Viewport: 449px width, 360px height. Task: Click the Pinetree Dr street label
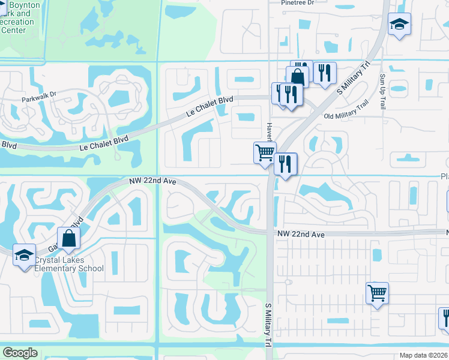pyautogui.click(x=297, y=3)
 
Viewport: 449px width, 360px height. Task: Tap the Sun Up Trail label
pyautogui.click(x=383, y=92)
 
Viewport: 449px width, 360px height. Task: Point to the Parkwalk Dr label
pyautogui.click(x=38, y=95)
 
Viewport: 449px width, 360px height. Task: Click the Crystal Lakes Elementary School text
pyautogui.click(x=68, y=265)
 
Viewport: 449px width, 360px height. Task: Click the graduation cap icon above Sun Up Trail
pyautogui.click(x=399, y=25)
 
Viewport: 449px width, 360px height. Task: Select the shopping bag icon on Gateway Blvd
pyautogui.click(x=69, y=237)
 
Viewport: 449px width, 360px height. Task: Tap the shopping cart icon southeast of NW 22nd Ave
pyautogui.click(x=377, y=293)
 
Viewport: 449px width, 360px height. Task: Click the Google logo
pyautogui.click(x=20, y=353)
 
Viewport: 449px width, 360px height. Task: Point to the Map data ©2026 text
pyautogui.click(x=424, y=355)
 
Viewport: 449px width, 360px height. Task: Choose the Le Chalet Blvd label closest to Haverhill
pyautogui.click(x=209, y=107)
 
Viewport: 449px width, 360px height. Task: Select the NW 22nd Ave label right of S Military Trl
pyautogui.click(x=301, y=235)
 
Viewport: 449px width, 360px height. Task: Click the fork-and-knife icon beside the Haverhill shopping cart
pyautogui.click(x=285, y=163)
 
